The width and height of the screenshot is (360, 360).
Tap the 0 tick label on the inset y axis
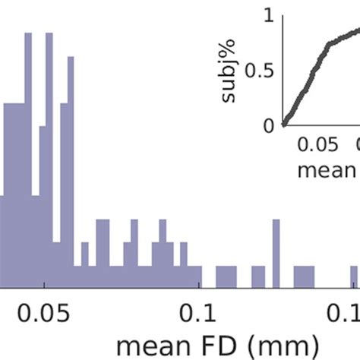point(268,126)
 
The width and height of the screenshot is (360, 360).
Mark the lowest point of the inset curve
point(283,125)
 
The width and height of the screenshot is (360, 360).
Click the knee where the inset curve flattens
point(329,45)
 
